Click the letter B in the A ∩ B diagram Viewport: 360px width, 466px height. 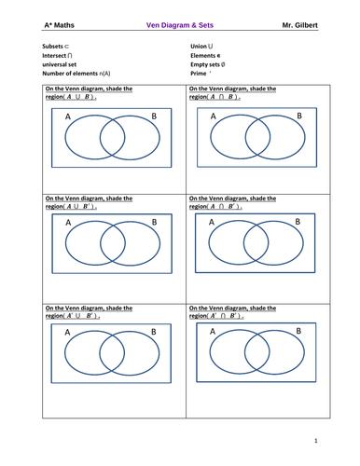[x=298, y=116]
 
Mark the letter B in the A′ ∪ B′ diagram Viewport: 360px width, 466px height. [x=153, y=332]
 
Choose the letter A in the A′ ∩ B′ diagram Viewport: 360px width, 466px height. [x=213, y=331]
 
